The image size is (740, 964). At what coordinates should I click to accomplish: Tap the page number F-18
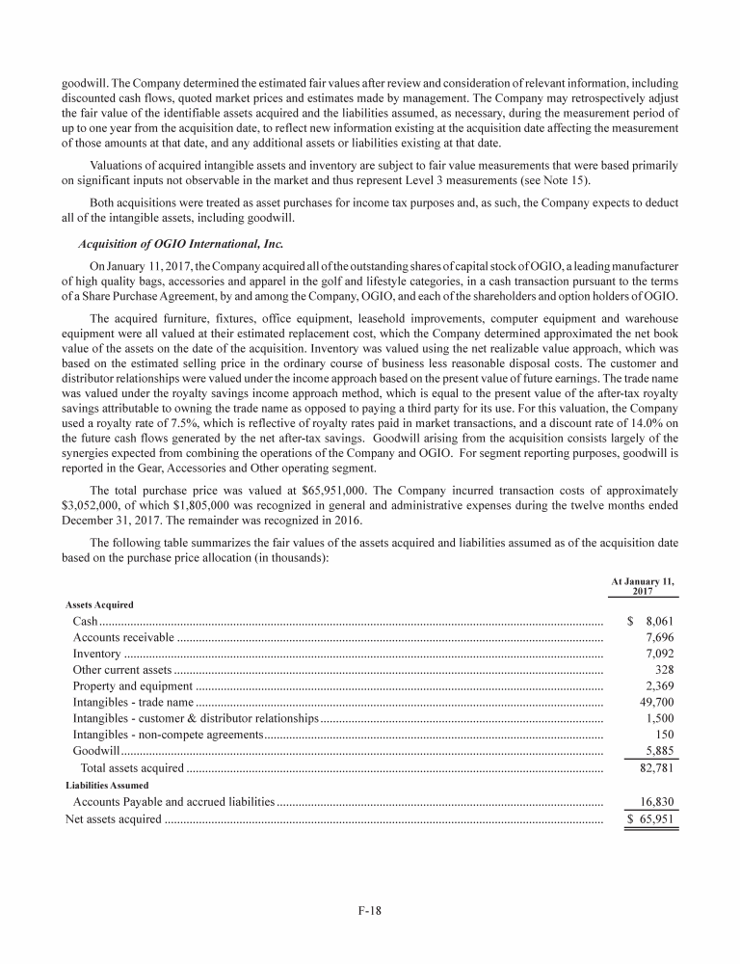pyautogui.click(x=370, y=909)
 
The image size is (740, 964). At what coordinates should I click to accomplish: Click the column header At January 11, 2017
pyautogui.click(x=644, y=585)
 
